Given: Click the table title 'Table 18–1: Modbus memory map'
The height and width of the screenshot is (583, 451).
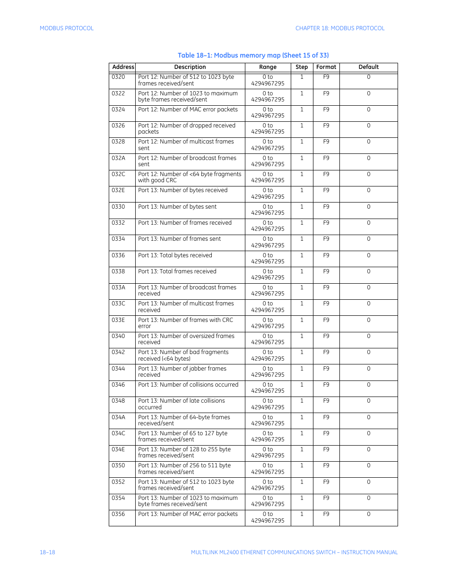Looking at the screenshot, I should click(253, 55).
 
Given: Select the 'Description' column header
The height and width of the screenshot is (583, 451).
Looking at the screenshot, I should click(190, 67).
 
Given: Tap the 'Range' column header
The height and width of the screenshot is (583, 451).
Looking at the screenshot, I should click(268, 67).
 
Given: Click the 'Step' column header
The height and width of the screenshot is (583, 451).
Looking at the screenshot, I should click(302, 67).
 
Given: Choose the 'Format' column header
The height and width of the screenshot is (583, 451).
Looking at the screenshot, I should click(326, 67).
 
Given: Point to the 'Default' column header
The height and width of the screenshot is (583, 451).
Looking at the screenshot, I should click(368, 67).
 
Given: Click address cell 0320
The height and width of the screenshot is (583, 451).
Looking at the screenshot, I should click(118, 77).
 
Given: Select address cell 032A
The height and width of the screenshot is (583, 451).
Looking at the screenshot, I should click(118, 158).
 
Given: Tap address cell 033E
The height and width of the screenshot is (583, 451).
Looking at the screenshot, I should click(118, 320).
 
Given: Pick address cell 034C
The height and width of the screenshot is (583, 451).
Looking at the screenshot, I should click(118, 433).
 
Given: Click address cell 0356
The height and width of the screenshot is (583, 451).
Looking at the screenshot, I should click(118, 514).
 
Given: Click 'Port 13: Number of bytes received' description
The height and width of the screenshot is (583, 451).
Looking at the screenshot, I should click(182, 190).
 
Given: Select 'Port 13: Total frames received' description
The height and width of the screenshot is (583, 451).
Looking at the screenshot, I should click(177, 271).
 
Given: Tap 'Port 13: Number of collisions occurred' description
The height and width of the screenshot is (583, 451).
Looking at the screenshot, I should click(188, 385).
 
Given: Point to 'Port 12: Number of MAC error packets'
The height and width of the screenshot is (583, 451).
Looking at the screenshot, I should click(188, 110).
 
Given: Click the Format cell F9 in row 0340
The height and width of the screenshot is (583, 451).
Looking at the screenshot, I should click(326, 336).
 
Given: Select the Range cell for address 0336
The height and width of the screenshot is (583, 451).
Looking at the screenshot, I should click(268, 258).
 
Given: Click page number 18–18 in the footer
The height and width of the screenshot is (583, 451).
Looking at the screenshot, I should click(47, 552).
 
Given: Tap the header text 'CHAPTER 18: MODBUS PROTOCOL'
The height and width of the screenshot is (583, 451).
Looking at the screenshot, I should click(340, 28).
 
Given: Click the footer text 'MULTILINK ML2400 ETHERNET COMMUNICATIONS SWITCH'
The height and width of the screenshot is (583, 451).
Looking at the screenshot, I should click(263, 552).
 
